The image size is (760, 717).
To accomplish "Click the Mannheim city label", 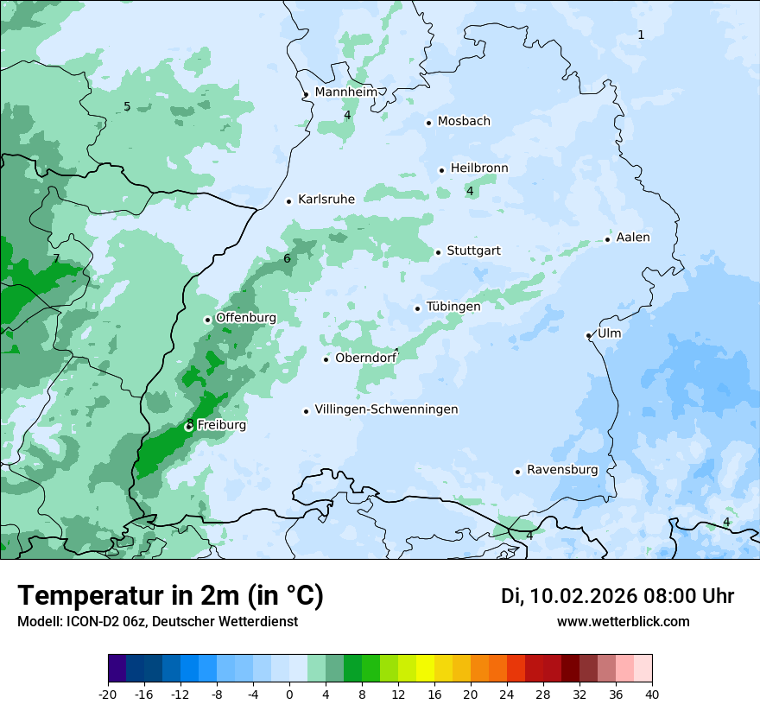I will coord(346,92).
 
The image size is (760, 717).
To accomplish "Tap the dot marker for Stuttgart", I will coord(439,252).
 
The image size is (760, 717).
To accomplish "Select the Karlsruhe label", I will coord(326,199).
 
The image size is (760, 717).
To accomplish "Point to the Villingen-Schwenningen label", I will coord(386,409).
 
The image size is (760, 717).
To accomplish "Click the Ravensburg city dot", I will coord(518,472).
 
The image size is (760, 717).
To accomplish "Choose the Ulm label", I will coord(609,333).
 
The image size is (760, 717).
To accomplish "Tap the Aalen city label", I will coord(633,238).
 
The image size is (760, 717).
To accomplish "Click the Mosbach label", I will coord(464,121).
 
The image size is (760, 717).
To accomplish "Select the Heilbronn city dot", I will coord(441,170).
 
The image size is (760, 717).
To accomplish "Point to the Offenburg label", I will coord(246,318).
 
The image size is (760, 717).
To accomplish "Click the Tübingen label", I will coord(453,307).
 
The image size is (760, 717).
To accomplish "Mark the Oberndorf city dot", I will coord(326,359).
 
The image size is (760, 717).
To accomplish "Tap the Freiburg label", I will coord(222,425).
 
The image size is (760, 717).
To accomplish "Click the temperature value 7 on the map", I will coord(56,258).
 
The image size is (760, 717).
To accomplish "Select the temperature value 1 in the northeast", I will coord(641,35).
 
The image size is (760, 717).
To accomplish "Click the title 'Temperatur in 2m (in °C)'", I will coord(171,596).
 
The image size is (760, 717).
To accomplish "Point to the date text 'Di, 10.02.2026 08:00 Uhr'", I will coord(617,596).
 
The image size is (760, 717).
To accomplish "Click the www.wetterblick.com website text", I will coord(624,622).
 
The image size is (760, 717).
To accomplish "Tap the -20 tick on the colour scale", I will coord(108,695).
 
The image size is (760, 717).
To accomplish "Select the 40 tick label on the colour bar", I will coord(652,695).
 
